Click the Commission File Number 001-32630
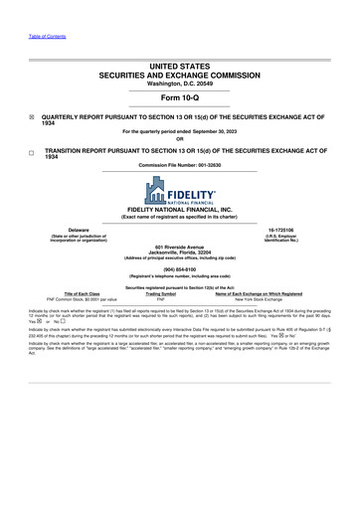pyautogui.click(x=180, y=164)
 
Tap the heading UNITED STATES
pyautogui.click(x=180, y=61)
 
